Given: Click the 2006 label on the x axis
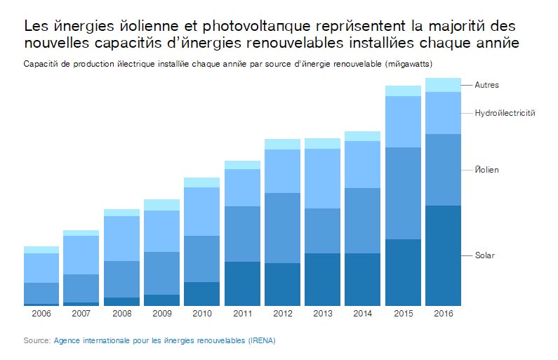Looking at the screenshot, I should click(x=41, y=313).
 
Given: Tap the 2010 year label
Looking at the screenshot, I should click(x=201, y=313).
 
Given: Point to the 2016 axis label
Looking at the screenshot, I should click(x=443, y=313).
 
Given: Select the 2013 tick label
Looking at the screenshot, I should click(x=322, y=313).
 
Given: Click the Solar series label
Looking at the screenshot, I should click(x=484, y=255).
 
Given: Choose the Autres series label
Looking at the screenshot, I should click(x=486, y=85).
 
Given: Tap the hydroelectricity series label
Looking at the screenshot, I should click(x=505, y=113).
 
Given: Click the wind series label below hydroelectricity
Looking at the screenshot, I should click(x=486, y=171).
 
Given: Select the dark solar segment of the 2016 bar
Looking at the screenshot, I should click(x=443, y=255).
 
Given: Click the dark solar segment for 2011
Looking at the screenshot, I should click(x=242, y=284).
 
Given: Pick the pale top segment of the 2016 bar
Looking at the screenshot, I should click(x=443, y=85).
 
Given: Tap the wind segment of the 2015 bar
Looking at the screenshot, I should click(x=403, y=193).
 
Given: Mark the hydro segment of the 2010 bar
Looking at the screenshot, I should click(x=201, y=211).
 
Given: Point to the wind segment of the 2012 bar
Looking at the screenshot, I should click(x=282, y=228).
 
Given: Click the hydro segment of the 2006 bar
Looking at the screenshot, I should click(x=41, y=268).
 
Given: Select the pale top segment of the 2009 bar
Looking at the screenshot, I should click(x=161, y=205).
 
